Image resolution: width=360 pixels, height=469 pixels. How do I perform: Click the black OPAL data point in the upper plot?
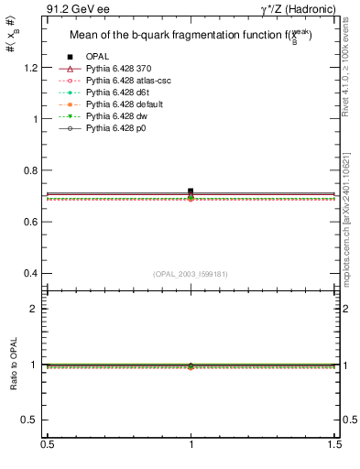click(191, 191)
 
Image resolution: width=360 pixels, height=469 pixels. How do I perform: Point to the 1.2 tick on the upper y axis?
click(36, 68)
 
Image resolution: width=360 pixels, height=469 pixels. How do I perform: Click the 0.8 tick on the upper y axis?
click(36, 170)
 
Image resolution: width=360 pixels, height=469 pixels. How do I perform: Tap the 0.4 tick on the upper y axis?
click(36, 273)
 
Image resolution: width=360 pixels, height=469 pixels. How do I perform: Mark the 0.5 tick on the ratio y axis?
click(34, 420)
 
